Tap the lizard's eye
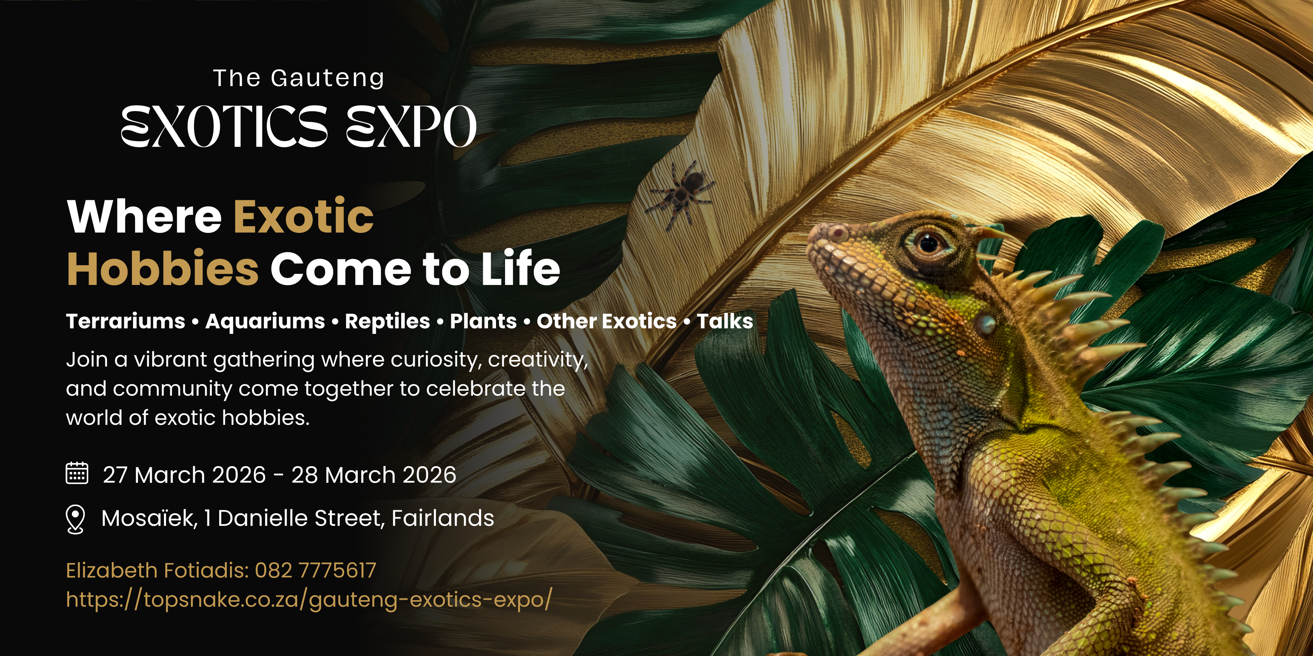click(929, 242)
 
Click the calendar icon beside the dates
click(77, 473)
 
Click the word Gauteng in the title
click(328, 78)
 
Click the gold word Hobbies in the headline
click(163, 268)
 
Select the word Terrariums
click(125, 321)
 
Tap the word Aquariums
click(265, 322)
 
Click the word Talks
click(725, 321)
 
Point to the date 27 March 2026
click(184, 475)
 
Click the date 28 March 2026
click(374, 475)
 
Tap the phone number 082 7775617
click(315, 570)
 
